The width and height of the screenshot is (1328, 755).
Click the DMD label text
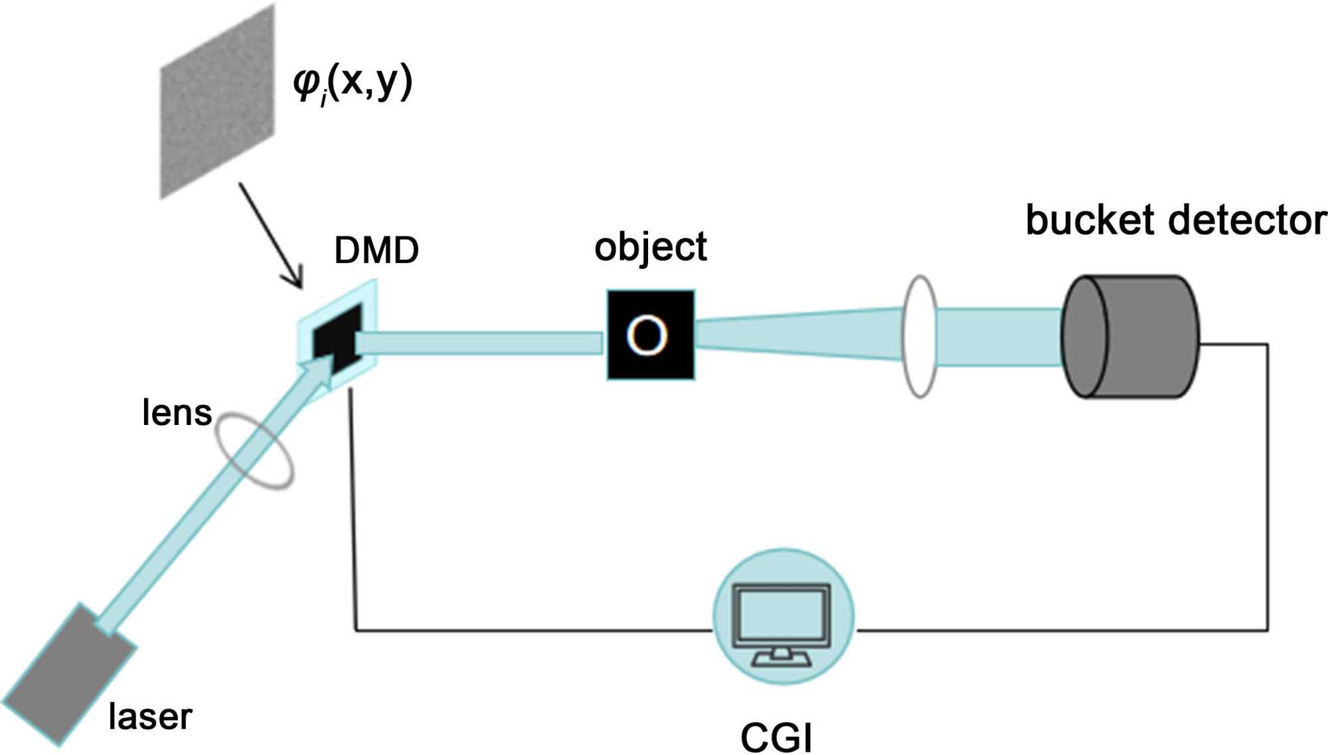pyautogui.click(x=376, y=250)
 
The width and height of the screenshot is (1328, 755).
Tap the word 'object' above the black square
pyautogui.click(x=650, y=247)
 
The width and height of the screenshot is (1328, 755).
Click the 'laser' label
pyautogui.click(x=150, y=717)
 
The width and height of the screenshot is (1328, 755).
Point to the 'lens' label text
pyautogui.click(x=177, y=412)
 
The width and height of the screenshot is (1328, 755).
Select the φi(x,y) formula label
pyautogui.click(x=353, y=84)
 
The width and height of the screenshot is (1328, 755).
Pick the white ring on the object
pyautogui.click(x=647, y=335)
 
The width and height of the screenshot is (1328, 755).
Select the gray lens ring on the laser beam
pyautogui.click(x=256, y=452)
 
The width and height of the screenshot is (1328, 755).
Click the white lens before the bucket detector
pyautogui.click(x=920, y=337)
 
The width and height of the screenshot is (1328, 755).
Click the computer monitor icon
pyautogui.click(x=782, y=621)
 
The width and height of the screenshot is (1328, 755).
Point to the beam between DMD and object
pyautogui.click(x=478, y=343)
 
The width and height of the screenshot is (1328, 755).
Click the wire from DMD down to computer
pyautogui.click(x=353, y=518)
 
